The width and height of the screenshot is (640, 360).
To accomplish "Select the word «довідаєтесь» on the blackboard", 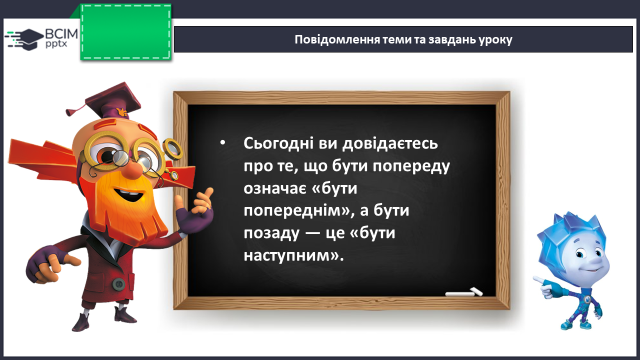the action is [x=390, y=144].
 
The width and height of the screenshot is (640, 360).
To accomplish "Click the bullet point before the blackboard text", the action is [x=222, y=143].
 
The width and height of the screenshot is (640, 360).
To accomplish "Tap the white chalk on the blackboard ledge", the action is [x=464, y=292].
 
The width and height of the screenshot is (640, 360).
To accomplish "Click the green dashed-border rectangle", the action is [x=126, y=32].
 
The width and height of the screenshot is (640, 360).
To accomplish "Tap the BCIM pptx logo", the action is [x=41, y=38].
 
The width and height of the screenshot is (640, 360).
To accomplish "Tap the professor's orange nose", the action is [x=132, y=170].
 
